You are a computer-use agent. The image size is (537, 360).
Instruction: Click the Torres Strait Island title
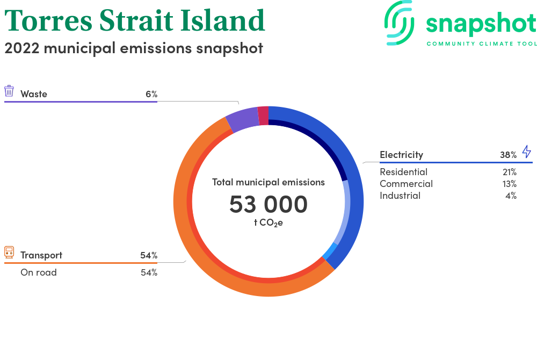(x=135, y=20)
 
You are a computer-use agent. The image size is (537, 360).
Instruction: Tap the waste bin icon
(x=9, y=91)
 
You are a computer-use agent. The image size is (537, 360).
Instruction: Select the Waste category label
(x=33, y=94)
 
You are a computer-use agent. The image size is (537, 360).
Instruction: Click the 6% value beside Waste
(x=151, y=94)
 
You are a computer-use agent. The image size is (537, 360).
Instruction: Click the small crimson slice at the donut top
(x=263, y=116)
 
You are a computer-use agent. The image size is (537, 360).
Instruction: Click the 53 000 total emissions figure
(x=268, y=204)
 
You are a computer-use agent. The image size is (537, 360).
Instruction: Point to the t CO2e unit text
(x=268, y=223)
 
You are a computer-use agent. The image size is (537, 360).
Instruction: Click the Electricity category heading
(x=401, y=155)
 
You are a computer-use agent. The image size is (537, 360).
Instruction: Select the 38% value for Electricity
(x=508, y=155)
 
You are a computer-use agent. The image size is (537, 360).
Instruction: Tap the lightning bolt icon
(x=527, y=152)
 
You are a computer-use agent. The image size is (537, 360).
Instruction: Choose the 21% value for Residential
(x=510, y=172)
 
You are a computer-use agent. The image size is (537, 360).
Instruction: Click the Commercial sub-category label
(x=406, y=184)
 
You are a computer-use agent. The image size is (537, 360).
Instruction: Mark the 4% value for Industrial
(x=511, y=196)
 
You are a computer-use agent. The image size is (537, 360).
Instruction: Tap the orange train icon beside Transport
(x=9, y=252)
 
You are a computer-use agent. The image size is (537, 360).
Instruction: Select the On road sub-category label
(x=39, y=272)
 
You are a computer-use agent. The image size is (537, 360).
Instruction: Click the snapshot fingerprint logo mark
(x=399, y=23)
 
